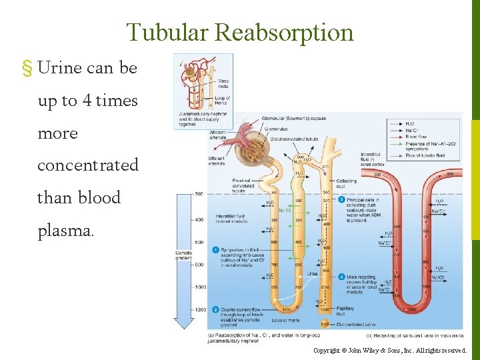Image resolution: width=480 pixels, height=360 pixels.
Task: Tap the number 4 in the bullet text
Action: (x=87, y=101)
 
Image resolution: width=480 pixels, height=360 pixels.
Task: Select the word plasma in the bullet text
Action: (x=66, y=231)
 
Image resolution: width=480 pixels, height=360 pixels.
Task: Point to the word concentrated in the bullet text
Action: (x=88, y=165)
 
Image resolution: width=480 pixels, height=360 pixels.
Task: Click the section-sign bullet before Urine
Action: (x=27, y=69)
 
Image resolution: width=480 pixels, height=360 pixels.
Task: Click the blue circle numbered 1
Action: (x=215, y=250)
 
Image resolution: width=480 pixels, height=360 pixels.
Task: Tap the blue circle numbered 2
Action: (x=215, y=309)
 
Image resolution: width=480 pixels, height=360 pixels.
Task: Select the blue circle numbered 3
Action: (x=341, y=199)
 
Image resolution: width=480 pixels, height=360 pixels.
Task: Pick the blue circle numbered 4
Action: (x=341, y=277)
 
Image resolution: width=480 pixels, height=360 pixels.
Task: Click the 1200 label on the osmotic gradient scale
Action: (x=200, y=309)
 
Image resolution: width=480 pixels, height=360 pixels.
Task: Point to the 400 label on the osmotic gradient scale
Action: (x=199, y=219)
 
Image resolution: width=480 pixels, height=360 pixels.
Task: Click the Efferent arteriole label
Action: (x=216, y=161)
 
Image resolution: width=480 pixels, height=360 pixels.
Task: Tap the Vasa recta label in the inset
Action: (x=223, y=84)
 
